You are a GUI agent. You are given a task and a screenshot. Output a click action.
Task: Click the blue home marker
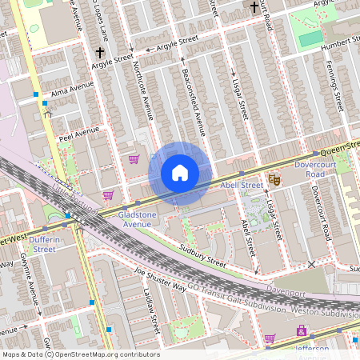click(180, 174)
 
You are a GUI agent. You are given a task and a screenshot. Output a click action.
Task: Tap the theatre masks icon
click(274, 180)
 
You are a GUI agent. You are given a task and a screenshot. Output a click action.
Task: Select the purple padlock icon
click(301, 330)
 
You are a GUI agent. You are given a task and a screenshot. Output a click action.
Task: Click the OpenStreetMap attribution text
click(80, 354)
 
